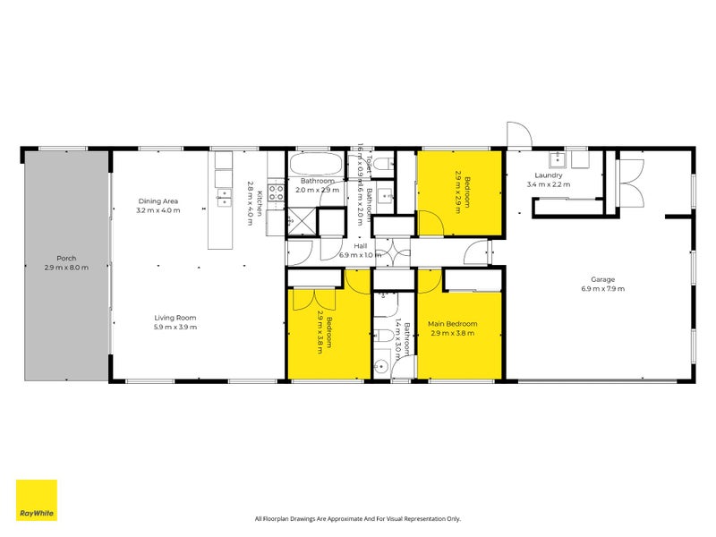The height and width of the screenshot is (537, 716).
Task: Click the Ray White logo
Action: tap(36, 499)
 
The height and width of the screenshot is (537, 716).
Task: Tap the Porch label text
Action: tap(66, 258)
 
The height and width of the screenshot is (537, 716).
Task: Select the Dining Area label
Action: tap(158, 201)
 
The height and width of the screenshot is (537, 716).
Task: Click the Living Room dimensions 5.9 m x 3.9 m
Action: tap(175, 328)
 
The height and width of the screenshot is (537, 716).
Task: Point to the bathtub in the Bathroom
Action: tap(313, 166)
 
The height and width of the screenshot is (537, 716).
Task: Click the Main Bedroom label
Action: tap(452, 324)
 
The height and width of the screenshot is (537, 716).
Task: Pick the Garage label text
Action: tap(602, 277)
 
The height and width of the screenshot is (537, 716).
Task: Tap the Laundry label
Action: tap(549, 175)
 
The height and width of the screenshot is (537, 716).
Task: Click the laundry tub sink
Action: tap(561, 159)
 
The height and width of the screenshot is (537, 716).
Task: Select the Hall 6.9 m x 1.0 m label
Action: tap(360, 250)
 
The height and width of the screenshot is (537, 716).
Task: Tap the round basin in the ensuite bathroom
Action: tap(382, 366)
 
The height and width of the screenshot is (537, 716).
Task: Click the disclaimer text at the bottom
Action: tap(358, 518)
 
